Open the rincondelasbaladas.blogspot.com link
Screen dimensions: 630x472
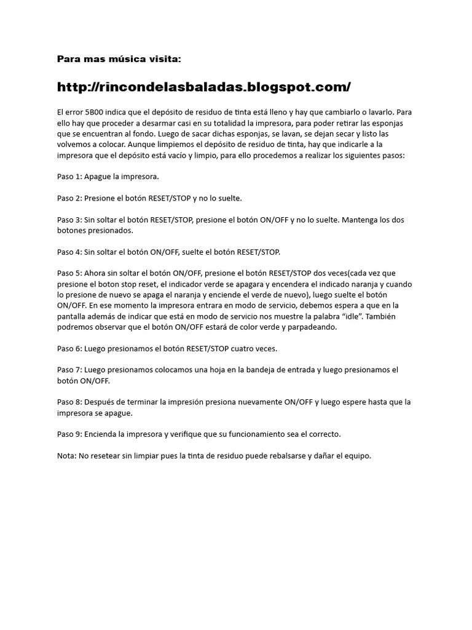(203, 87)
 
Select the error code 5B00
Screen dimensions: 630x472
(92, 113)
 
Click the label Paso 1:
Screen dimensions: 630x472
(69, 177)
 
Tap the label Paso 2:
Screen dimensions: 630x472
(69, 198)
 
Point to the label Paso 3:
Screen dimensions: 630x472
(69, 220)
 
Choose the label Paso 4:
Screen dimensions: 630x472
(69, 252)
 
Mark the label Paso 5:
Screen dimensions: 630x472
(69, 273)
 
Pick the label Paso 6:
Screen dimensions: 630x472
(69, 348)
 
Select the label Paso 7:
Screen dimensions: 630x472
(69, 370)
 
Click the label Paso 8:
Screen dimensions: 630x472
(69, 402)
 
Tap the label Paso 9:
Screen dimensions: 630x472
(69, 434)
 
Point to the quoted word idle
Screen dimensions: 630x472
(353, 316)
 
